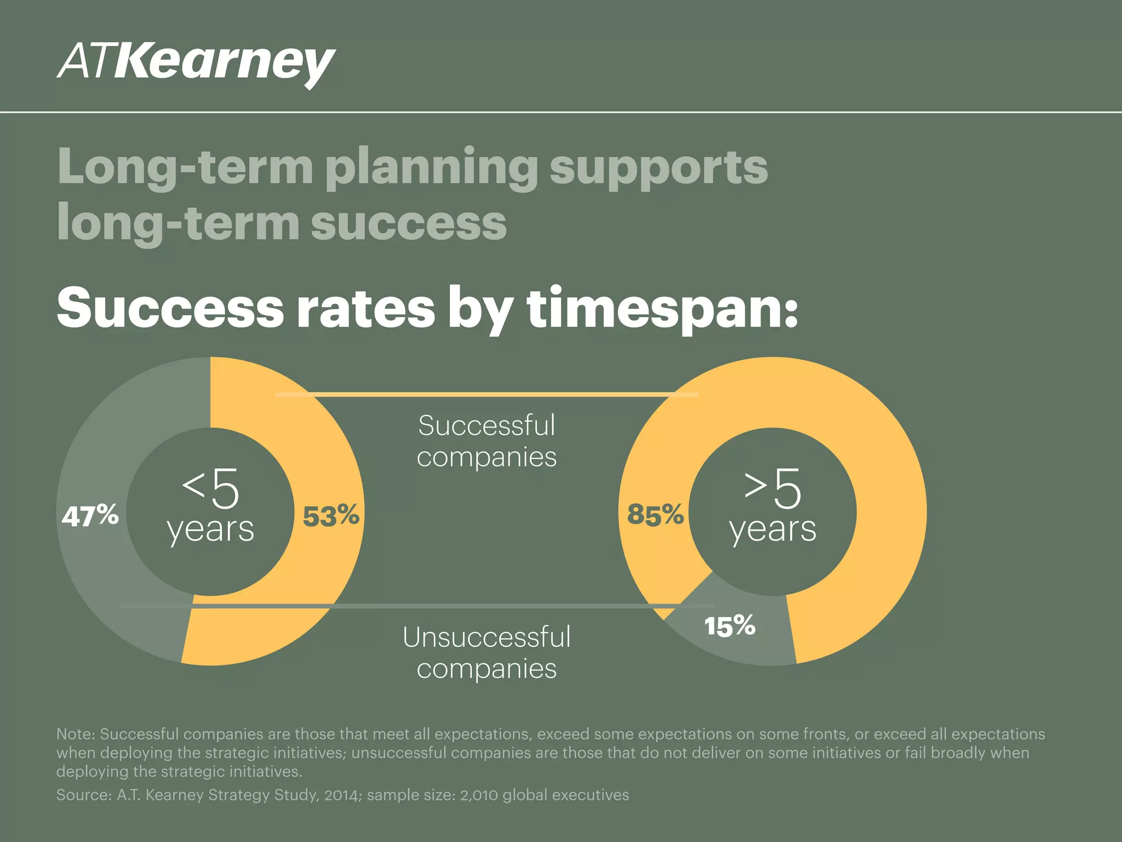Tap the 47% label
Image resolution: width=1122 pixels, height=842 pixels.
[x=90, y=516]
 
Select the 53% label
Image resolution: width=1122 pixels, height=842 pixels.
[x=331, y=516]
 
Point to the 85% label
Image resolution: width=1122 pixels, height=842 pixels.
[x=655, y=515]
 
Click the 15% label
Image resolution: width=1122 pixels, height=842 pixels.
[x=730, y=626]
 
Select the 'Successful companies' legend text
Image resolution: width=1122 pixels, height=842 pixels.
[x=486, y=441]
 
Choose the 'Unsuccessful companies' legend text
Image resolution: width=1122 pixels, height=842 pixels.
[x=486, y=652]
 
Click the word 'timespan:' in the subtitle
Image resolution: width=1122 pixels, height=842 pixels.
[x=662, y=309]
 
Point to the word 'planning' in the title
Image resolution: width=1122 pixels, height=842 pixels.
[x=431, y=167]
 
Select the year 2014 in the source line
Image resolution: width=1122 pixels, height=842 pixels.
[x=341, y=795]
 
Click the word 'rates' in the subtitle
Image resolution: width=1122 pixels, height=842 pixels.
[x=365, y=309]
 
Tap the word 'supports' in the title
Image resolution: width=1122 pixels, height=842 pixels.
[x=659, y=167]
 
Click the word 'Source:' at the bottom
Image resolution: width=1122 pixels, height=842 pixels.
[x=84, y=795]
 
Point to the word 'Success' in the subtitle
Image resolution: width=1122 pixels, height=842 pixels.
[x=170, y=309]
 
